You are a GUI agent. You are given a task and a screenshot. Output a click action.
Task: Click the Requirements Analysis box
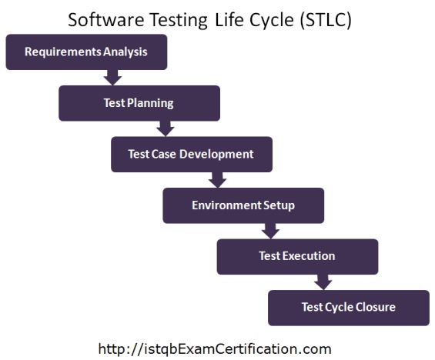coord(86,52)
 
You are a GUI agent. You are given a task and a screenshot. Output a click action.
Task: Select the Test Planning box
coord(139,103)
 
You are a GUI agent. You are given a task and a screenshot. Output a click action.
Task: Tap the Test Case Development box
coord(191,154)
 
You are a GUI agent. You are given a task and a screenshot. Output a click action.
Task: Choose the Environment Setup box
coord(243,205)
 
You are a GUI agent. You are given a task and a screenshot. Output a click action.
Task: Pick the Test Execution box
coord(297,256)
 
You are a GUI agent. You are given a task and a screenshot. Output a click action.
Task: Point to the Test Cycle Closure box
coord(348,308)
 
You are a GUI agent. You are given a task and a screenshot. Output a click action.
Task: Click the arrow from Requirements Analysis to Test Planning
coord(112,77)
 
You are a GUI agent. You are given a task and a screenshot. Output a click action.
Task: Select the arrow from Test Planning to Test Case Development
coord(164,128)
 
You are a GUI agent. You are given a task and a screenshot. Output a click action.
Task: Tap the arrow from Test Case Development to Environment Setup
coord(217,179)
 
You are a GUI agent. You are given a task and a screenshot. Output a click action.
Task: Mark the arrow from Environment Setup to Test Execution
coord(269,230)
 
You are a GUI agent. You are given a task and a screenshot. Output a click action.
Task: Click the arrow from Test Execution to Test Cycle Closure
coord(323,282)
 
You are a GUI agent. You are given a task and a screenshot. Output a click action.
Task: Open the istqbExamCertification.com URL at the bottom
coord(215,348)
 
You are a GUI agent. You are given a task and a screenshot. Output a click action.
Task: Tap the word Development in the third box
coord(218,154)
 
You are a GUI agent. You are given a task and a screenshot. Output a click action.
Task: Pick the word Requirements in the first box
coord(58,52)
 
